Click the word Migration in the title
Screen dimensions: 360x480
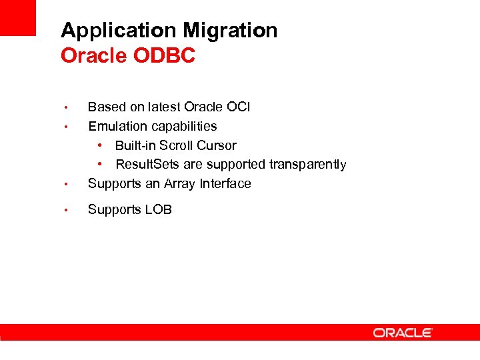pyautogui.click(x=231, y=31)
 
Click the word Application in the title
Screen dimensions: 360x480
pyautogui.click(x=119, y=31)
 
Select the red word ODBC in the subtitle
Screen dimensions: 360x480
pyautogui.click(x=165, y=56)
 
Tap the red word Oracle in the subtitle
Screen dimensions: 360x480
pyautogui.click(x=94, y=56)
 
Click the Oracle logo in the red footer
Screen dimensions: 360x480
pyautogui.click(x=403, y=332)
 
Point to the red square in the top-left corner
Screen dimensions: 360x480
pyautogui.click(x=18, y=17)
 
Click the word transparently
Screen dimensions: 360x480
pyautogui.click(x=307, y=165)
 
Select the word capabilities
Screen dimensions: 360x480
pyautogui.click(x=183, y=127)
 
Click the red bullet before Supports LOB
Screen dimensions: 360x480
pyautogui.click(x=66, y=210)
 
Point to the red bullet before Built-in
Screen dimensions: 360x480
pyautogui.click(x=99, y=145)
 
